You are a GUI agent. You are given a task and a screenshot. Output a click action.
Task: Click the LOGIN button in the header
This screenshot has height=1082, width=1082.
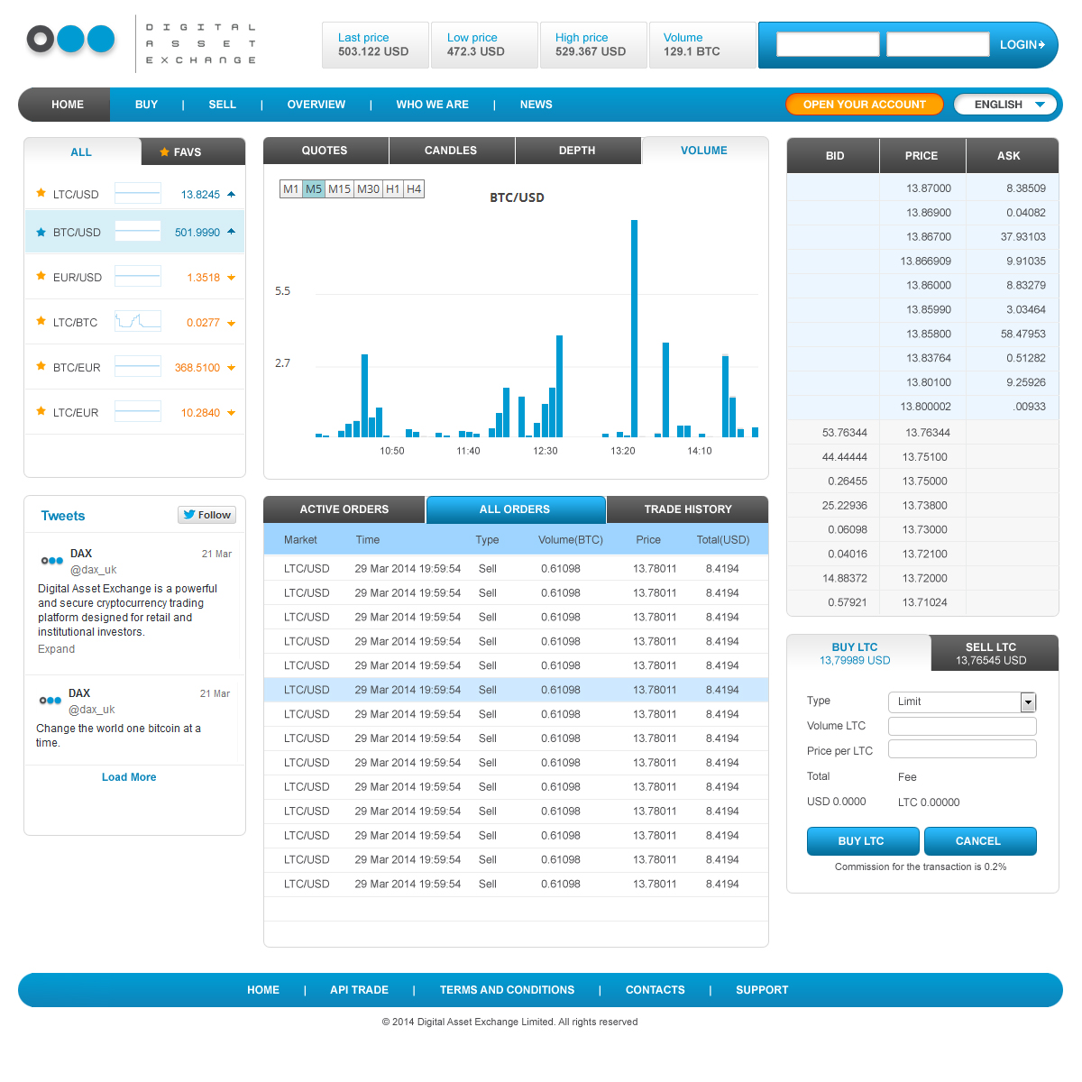point(1022,44)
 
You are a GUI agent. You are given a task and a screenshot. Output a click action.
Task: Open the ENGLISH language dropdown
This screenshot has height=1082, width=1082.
point(1004,105)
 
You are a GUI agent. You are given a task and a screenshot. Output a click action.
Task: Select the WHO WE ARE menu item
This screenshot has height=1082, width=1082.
point(432,105)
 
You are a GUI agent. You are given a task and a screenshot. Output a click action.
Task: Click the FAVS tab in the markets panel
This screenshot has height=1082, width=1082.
point(187,152)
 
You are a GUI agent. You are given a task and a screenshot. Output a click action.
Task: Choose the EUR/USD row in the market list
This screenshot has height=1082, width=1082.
point(135,278)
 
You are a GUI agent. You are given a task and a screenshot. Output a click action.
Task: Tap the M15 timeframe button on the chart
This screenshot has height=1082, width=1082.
point(339,189)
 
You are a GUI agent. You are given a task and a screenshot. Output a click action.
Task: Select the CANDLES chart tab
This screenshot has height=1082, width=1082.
point(451,151)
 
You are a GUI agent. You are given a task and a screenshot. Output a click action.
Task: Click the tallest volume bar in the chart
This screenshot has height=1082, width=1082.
point(635,328)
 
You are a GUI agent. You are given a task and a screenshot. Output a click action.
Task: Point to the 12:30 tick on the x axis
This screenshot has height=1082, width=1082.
point(546,451)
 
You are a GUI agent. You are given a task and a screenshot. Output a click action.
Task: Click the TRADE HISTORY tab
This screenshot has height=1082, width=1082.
point(688,509)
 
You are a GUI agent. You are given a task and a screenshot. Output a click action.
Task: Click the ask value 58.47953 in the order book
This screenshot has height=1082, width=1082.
point(1022,335)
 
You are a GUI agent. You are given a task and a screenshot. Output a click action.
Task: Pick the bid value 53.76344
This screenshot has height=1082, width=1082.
point(845,433)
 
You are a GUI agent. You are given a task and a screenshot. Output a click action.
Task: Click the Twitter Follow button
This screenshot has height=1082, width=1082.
point(207,515)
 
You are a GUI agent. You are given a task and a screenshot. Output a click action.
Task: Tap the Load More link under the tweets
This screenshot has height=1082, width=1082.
point(129,777)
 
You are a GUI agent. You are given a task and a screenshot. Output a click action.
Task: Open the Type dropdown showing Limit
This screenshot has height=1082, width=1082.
point(962,701)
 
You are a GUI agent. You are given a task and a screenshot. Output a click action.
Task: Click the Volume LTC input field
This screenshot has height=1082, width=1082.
point(962,726)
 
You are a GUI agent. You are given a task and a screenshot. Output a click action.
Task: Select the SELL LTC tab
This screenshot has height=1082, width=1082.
point(991,654)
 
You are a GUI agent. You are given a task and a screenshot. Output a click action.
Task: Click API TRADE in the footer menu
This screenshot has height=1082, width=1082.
point(359,990)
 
